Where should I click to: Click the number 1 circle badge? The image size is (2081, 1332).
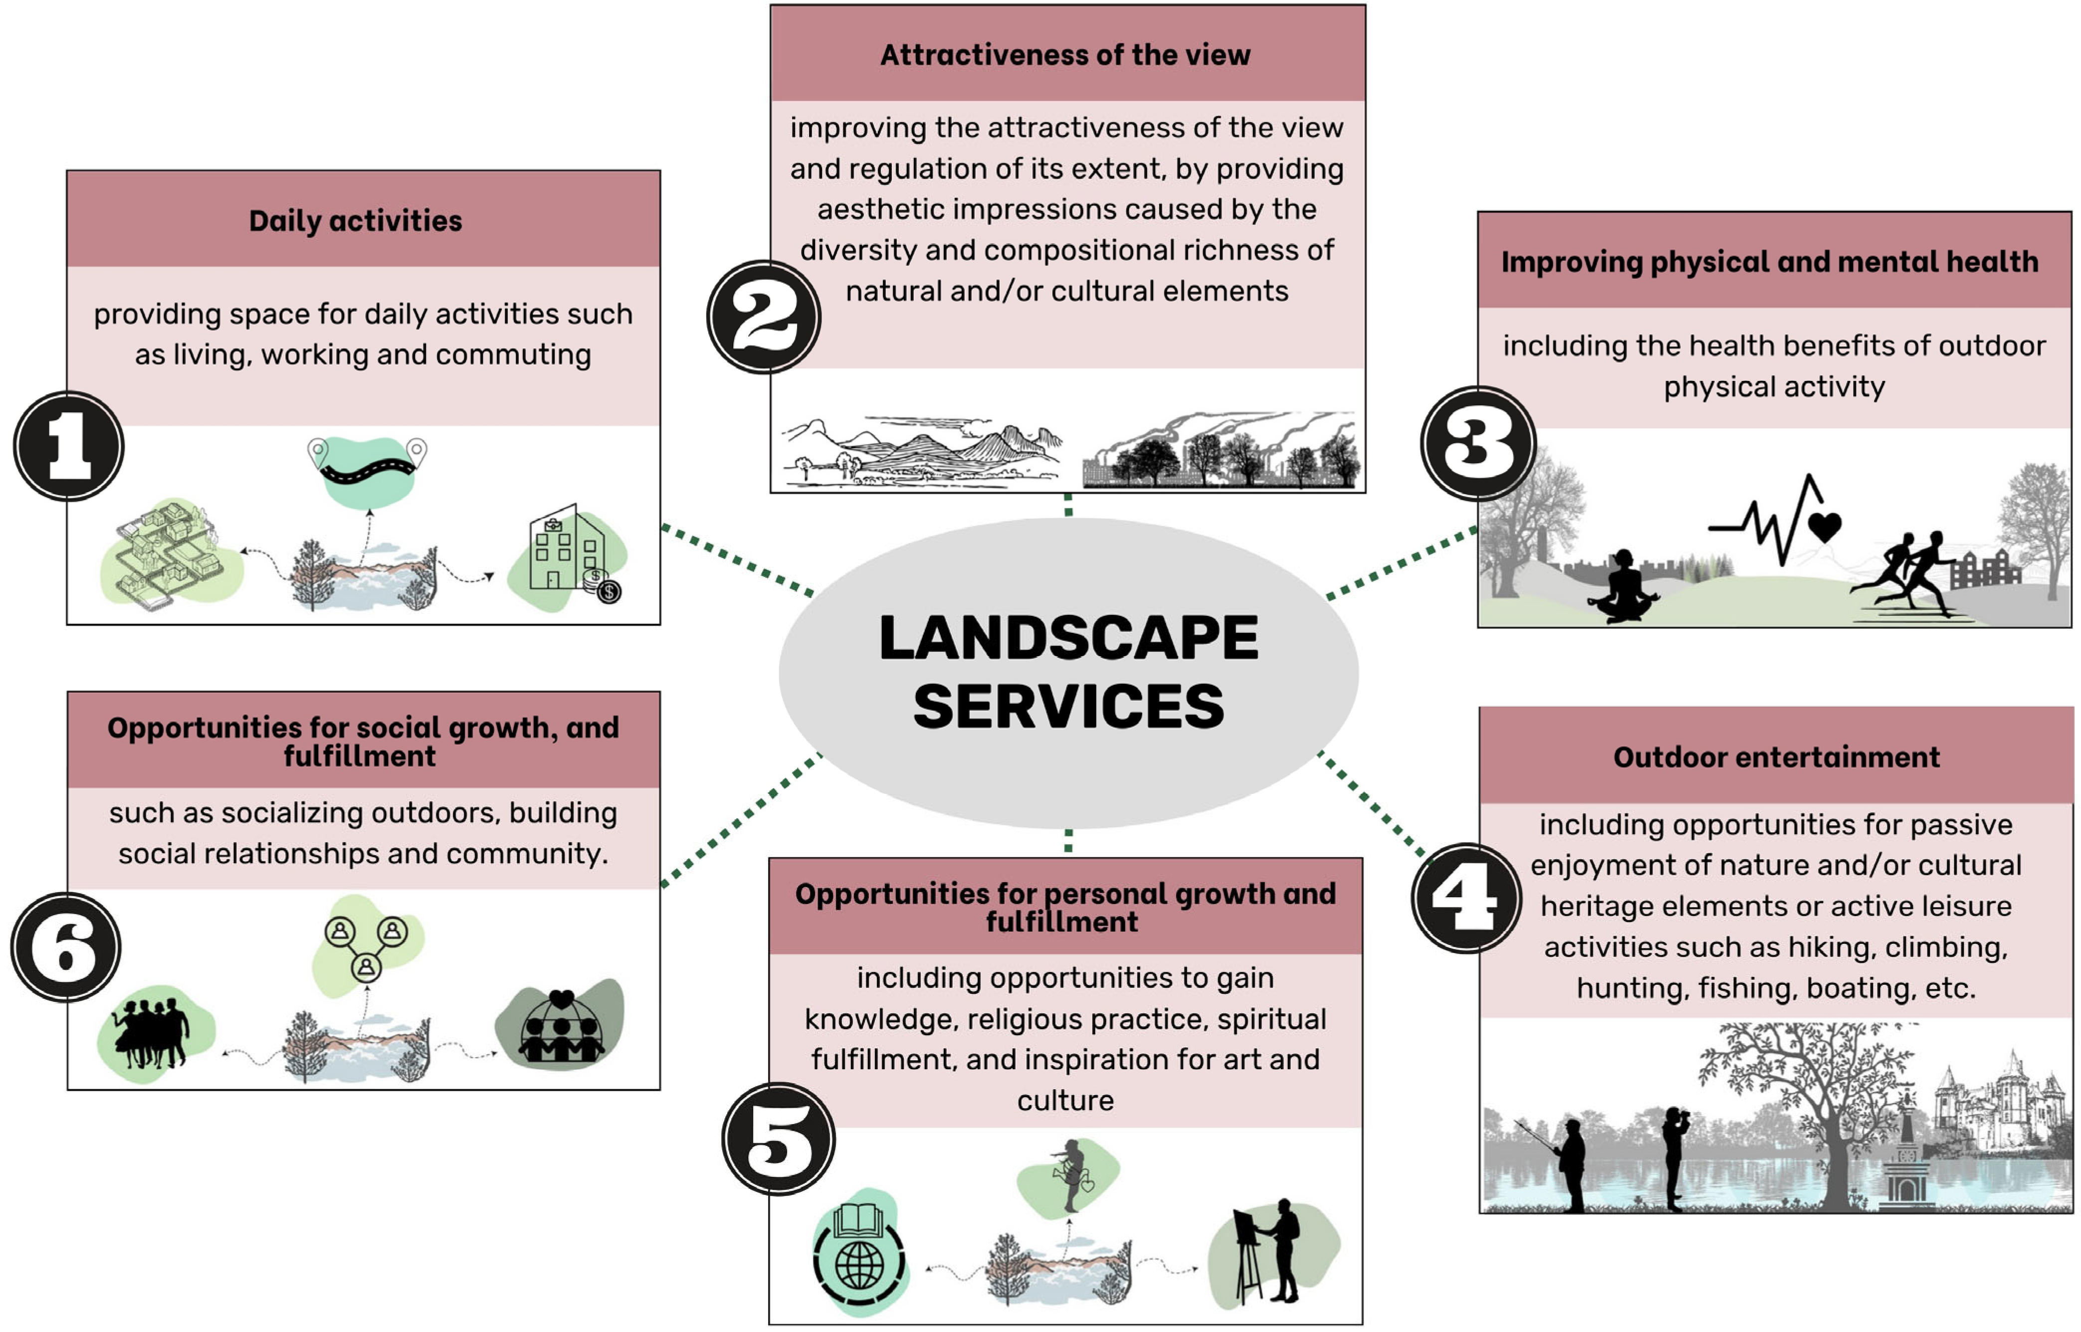pyautogui.click(x=68, y=445)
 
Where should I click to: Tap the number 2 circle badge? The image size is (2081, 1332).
pyautogui.click(x=764, y=318)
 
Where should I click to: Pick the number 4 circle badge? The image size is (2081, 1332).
pyautogui.click(x=1466, y=898)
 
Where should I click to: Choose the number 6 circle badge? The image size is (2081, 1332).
pyautogui.click(x=66, y=947)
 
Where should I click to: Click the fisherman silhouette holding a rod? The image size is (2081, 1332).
pyautogui.click(x=1567, y=1163)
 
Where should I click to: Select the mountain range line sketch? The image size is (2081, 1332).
pyautogui.click(x=921, y=450)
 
